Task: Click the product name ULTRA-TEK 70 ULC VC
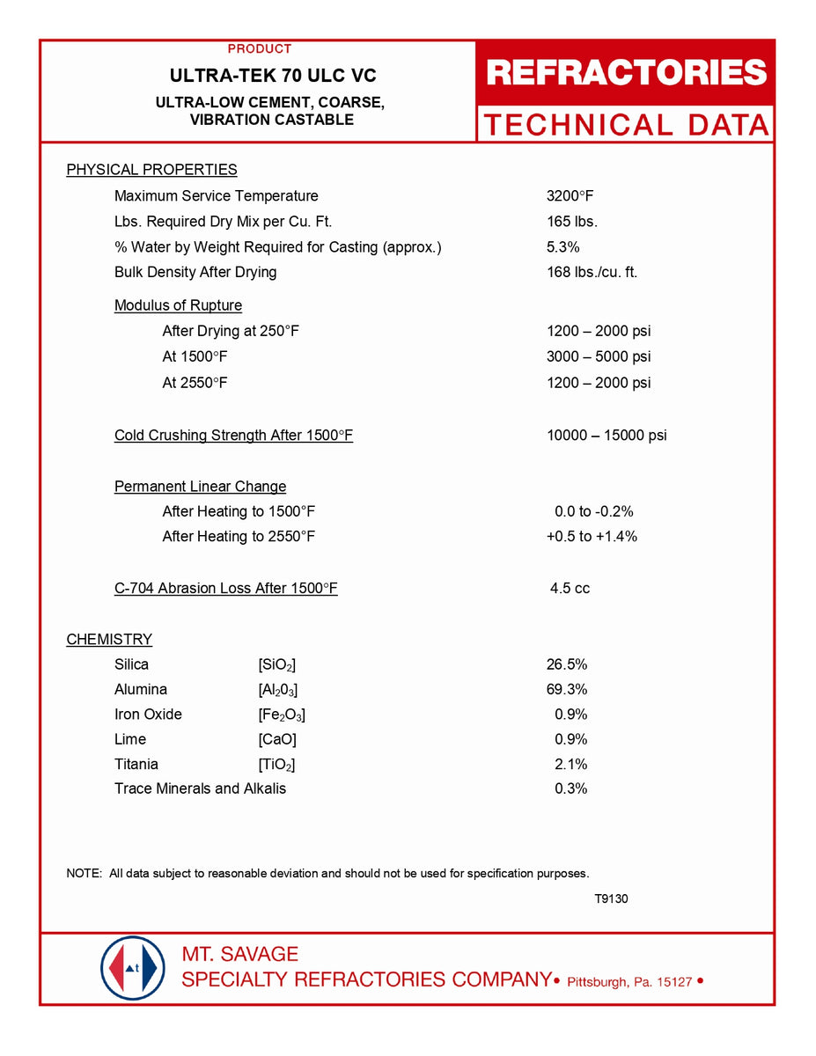273,77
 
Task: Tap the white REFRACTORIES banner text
626,73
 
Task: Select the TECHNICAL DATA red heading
626,125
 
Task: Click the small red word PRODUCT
260,49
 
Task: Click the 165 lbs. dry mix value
572,222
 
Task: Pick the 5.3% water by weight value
563,247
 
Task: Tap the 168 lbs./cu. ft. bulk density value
592,272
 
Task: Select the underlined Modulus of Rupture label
178,305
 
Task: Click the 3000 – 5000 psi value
599,356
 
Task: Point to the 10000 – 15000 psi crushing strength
606,436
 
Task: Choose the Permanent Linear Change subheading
200,487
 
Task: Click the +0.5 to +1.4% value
592,537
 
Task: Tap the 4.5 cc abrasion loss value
570,588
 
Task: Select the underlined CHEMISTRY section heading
109,640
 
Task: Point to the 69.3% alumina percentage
567,689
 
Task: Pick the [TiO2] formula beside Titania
276,764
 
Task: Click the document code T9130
611,898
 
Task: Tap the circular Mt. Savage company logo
133,968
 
